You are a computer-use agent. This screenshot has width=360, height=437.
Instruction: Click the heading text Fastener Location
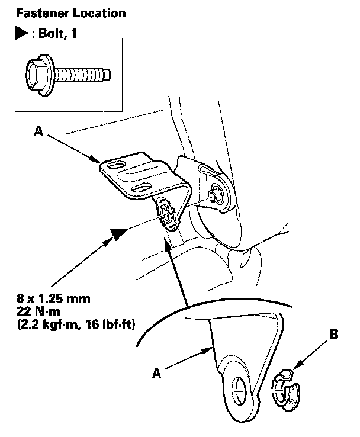[x=71, y=13]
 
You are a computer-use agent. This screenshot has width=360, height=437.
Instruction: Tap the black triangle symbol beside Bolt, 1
[x=21, y=33]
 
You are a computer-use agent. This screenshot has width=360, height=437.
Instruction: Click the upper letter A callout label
[x=38, y=130]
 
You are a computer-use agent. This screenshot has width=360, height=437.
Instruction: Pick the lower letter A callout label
[x=156, y=372]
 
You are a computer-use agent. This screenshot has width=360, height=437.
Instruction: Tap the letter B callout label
[x=334, y=334]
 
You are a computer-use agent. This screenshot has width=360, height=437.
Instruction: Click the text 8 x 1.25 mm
[x=53, y=299]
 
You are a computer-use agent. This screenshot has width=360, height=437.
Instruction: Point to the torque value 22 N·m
[x=38, y=311]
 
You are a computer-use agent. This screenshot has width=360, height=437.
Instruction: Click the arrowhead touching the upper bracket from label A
[x=94, y=159]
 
